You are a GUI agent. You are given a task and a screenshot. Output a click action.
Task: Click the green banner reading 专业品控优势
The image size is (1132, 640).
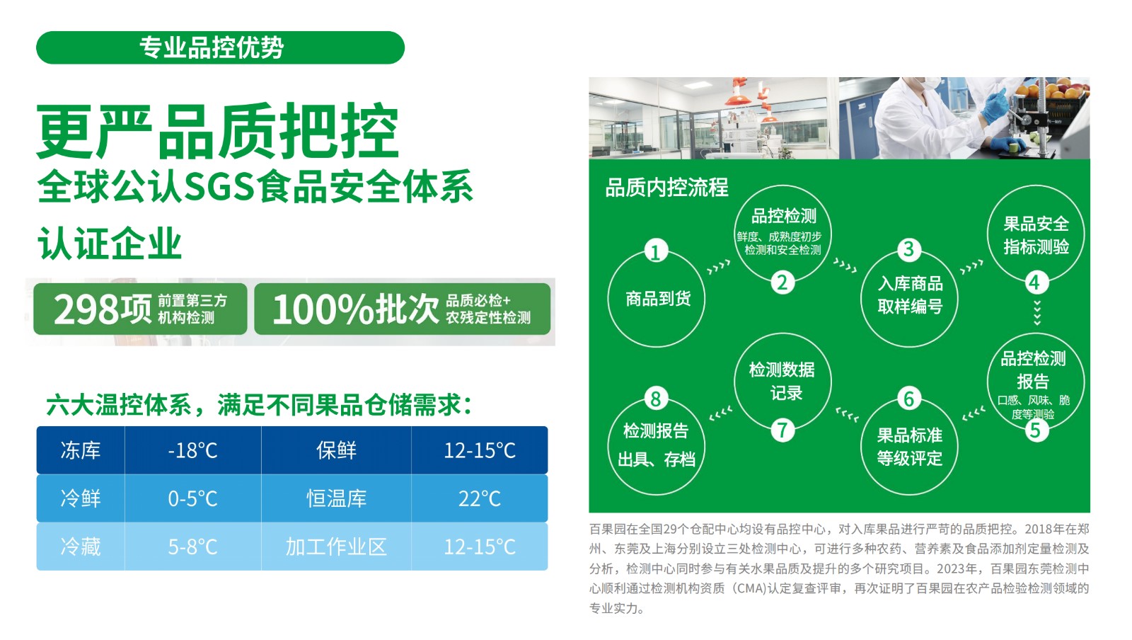[x=220, y=47]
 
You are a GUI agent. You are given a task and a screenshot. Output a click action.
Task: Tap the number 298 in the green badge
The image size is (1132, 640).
[x=86, y=309]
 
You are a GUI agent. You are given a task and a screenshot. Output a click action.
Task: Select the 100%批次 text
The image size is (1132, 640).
[x=356, y=309]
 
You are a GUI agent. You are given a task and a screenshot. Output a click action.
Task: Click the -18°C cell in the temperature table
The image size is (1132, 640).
[x=192, y=450]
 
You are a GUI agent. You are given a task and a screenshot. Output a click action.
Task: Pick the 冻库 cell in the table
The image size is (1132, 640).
[x=81, y=450]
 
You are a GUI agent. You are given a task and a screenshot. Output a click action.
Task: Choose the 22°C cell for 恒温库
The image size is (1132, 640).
[x=480, y=498]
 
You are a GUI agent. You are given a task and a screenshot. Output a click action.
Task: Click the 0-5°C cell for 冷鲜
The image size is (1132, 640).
[x=192, y=498]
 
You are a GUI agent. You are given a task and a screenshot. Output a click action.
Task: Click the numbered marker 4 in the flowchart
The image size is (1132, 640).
[x=1036, y=282]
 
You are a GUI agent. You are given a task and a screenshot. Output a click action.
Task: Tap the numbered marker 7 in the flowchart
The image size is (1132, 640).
[x=782, y=430]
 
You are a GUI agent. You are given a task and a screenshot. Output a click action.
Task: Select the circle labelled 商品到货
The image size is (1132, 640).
[x=657, y=299]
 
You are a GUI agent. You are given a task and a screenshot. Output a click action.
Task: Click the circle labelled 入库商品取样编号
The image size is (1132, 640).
[x=910, y=299]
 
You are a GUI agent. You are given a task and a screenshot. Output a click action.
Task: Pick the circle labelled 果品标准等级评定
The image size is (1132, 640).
[x=910, y=447]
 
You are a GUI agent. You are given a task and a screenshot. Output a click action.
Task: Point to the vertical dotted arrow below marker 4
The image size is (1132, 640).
[x=1037, y=312]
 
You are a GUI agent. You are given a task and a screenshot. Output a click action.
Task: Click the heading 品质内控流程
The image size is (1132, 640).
[x=666, y=188]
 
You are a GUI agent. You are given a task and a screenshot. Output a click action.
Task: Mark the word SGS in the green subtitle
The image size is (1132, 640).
[x=219, y=187]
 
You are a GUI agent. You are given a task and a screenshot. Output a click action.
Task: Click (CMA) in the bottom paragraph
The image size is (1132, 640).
[x=746, y=588]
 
